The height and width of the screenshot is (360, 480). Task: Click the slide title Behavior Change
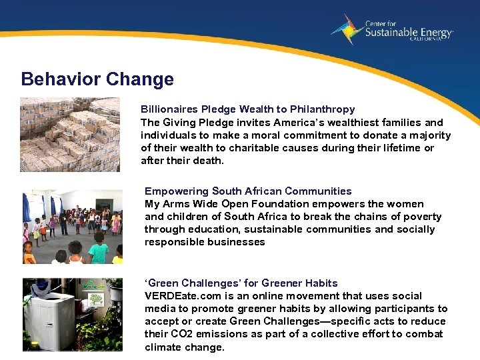point(97,79)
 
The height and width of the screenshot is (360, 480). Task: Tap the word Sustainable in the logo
point(393,32)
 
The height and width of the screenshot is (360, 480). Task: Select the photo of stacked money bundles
point(70,135)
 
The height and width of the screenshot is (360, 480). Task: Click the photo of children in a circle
point(73,227)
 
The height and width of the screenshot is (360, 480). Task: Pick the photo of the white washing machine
point(73,315)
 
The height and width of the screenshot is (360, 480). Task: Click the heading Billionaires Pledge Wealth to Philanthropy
point(247,109)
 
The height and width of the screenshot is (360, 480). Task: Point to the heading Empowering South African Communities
point(248,191)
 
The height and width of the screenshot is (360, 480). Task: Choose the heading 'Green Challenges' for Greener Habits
point(241,283)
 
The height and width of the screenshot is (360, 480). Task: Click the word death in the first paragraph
point(210,161)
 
